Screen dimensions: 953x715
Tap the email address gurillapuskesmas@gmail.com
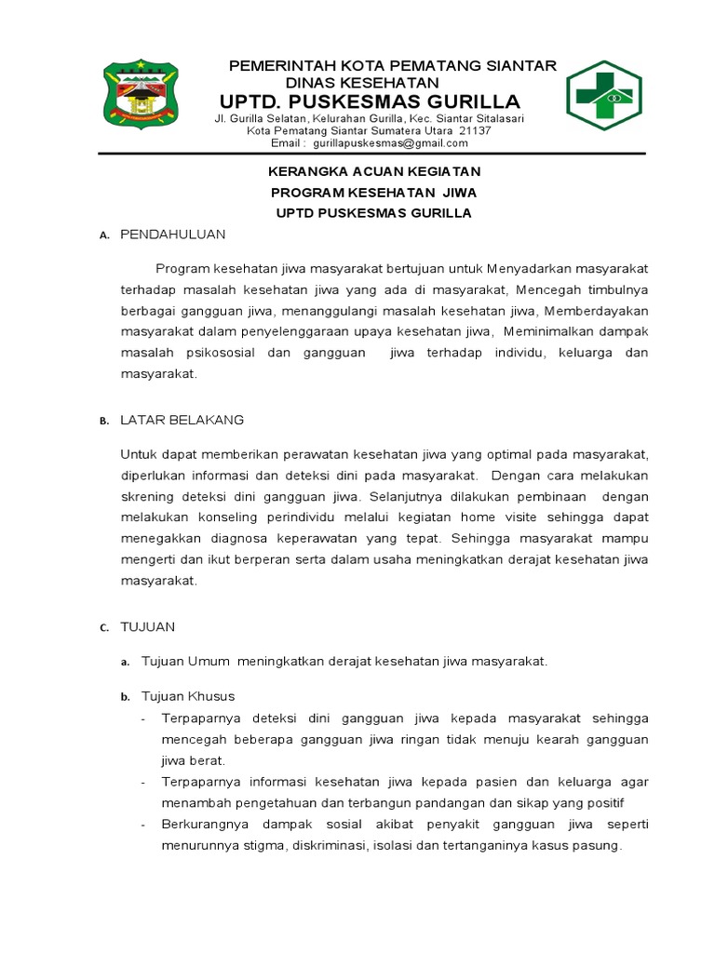(390, 143)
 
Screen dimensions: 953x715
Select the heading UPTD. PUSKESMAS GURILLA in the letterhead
(370, 101)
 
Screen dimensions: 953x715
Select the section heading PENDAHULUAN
(172, 235)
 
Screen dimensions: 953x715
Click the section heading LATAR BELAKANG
(182, 420)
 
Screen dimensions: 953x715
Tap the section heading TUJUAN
(147, 626)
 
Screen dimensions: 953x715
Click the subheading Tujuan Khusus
(187, 696)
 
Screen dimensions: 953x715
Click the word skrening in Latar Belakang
(148, 496)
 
